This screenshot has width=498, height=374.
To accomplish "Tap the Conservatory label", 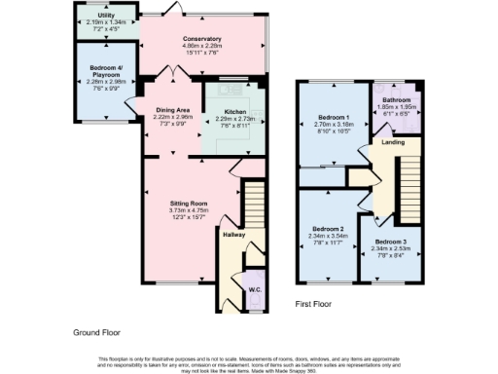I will (x=203, y=39).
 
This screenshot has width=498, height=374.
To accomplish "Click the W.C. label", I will (x=254, y=288).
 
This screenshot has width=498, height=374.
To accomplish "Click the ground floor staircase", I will (x=254, y=205).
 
